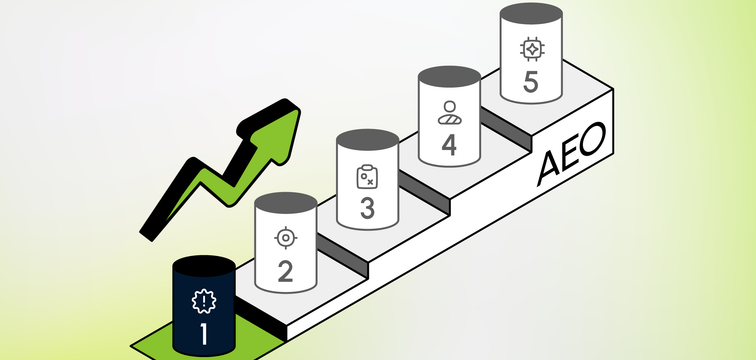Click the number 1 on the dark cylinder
click(x=204, y=334)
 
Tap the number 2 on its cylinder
click(x=285, y=271)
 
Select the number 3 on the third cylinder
click(x=367, y=208)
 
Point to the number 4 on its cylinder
click(x=449, y=145)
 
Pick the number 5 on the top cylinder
click(x=531, y=82)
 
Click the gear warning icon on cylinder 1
click(x=204, y=302)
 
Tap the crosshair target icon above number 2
click(x=286, y=238)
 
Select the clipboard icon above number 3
click(x=367, y=176)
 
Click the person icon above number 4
click(x=449, y=113)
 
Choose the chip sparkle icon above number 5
click(x=532, y=49)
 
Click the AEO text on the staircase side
click(x=571, y=154)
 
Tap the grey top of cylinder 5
click(x=531, y=13)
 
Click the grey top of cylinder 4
click(x=449, y=77)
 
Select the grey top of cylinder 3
click(x=367, y=140)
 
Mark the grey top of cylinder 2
click(x=285, y=203)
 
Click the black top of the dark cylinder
click(x=204, y=266)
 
